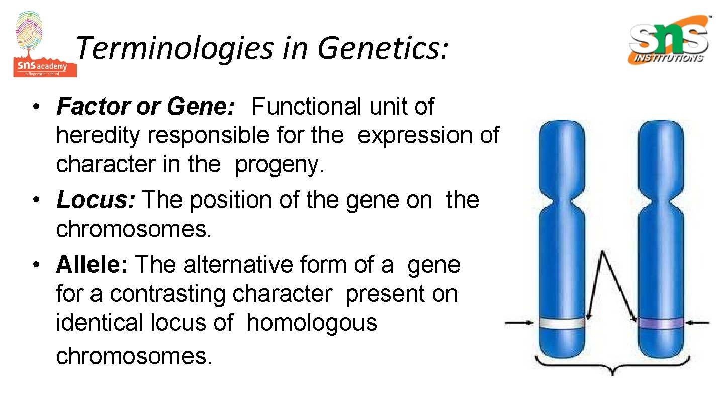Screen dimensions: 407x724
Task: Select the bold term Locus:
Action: [x=96, y=200]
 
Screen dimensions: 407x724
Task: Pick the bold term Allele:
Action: [x=93, y=265]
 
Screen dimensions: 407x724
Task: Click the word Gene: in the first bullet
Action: [x=201, y=107]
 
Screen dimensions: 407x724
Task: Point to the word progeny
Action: [x=280, y=165]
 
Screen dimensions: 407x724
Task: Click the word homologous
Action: [x=312, y=323]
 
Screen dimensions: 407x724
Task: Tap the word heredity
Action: [x=98, y=136]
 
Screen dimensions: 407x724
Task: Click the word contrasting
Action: [x=221, y=294]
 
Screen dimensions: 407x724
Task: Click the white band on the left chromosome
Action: [x=561, y=323]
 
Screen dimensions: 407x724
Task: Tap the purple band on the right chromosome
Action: [x=660, y=323]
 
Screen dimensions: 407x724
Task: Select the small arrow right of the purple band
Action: [x=699, y=322]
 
